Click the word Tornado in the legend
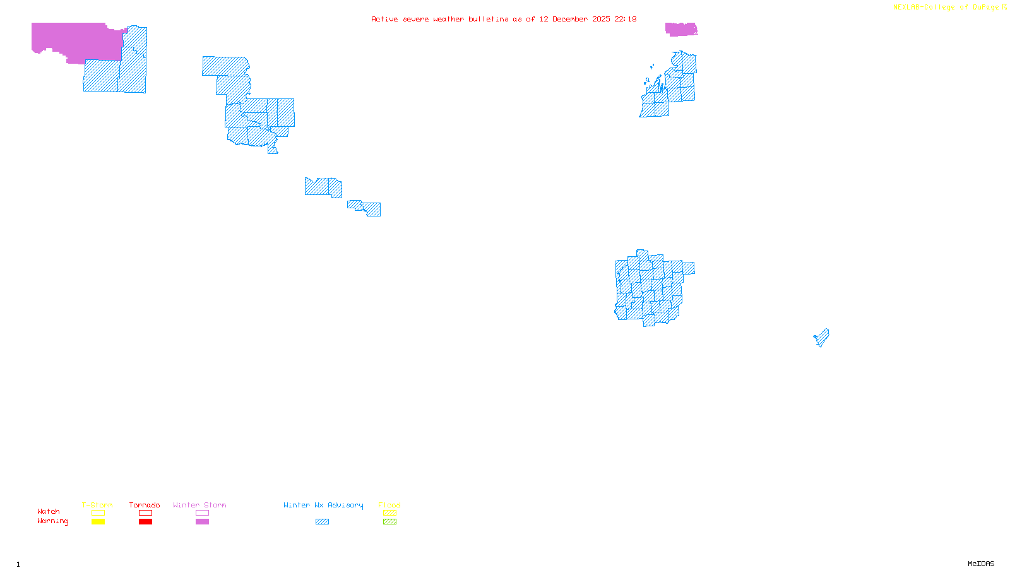145,505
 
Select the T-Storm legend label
97,505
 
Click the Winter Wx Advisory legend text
323,505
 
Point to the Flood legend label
389,505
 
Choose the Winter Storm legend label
199,505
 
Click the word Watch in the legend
49,511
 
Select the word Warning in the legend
53,521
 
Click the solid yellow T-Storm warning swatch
98,522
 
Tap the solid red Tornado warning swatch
145,522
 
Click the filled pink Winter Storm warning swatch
202,522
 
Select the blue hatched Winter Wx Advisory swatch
322,522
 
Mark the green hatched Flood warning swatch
389,522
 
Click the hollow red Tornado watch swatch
145,513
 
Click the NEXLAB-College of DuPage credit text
946,7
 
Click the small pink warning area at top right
680,29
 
